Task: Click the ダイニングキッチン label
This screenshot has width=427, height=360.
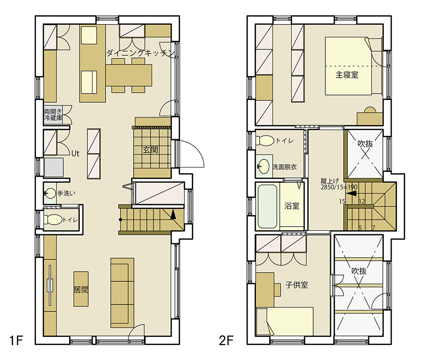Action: (140, 53)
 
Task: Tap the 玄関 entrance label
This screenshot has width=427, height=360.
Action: (150, 150)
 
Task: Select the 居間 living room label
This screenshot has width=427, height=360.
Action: (81, 289)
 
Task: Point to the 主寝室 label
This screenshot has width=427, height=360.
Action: (347, 74)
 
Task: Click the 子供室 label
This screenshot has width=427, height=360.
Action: (297, 285)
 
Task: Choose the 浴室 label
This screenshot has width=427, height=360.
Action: (292, 205)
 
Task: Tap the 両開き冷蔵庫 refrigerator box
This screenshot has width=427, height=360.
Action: (53, 115)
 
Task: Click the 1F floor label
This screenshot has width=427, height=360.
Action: (16, 340)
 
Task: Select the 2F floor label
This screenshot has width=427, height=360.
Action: (226, 340)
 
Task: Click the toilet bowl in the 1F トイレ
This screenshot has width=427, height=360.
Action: (53, 219)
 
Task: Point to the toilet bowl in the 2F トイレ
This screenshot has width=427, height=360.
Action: (265, 141)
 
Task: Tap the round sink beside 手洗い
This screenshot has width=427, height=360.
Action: (50, 193)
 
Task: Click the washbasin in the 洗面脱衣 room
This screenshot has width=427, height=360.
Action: (263, 166)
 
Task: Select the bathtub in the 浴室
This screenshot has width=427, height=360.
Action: (267, 206)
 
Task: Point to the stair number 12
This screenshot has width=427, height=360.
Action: (362, 202)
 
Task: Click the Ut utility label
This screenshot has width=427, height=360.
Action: (75, 154)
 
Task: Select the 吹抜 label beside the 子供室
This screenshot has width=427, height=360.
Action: (359, 271)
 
